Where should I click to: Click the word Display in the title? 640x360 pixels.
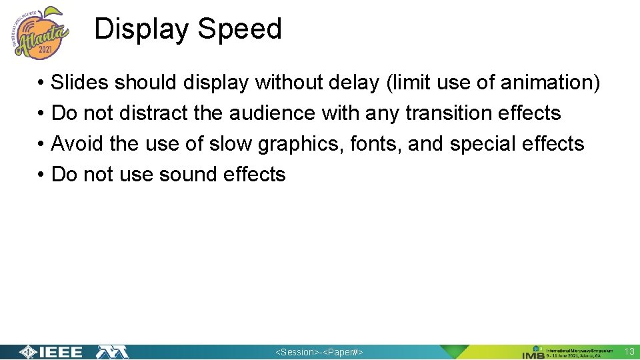tap(142, 29)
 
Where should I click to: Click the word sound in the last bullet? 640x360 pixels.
tap(190, 175)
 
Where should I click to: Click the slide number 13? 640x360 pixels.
tap(629, 351)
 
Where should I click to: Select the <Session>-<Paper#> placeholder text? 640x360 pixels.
tap(320, 352)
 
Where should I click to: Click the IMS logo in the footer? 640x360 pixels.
tap(533, 352)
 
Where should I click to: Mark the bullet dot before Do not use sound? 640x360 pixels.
tap(41, 175)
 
